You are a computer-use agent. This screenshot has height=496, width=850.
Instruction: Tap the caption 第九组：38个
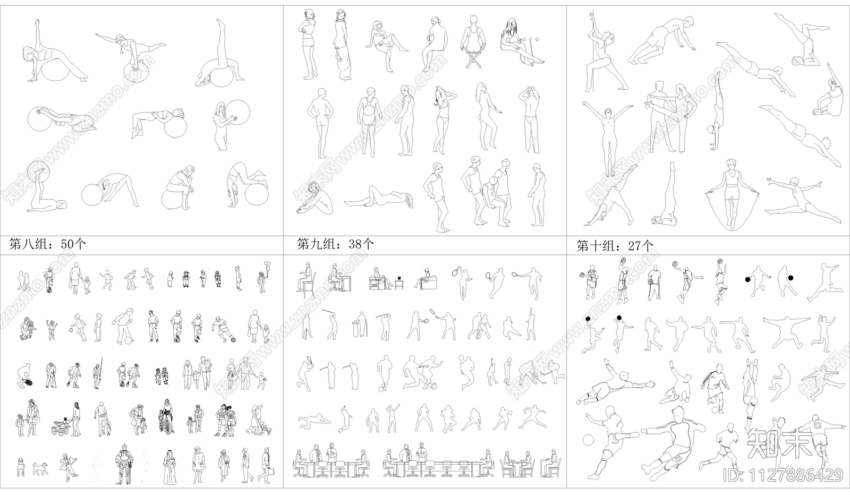(x=335, y=244)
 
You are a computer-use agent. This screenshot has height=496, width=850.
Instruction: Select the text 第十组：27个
(x=615, y=246)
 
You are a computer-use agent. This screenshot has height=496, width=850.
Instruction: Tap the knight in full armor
(x=124, y=465)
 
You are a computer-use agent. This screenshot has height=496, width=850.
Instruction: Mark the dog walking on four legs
(x=40, y=468)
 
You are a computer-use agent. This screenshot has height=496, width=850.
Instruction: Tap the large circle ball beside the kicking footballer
(x=588, y=440)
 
